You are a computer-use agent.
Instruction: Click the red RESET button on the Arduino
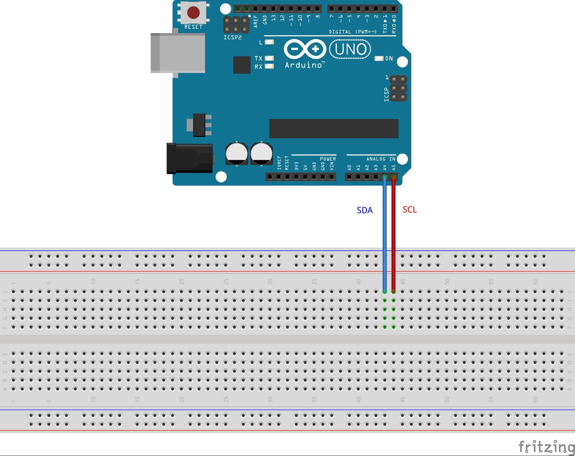[x=193, y=12]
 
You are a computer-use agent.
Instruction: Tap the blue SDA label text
[x=365, y=210]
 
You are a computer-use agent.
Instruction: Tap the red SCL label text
[x=410, y=210]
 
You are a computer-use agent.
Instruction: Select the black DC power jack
[x=190, y=159]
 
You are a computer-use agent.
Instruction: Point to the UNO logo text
[x=350, y=49]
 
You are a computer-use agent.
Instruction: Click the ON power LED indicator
[x=379, y=58]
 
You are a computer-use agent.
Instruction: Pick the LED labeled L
[x=269, y=42]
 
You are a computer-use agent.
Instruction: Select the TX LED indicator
[x=269, y=58]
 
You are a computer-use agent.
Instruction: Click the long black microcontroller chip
[x=334, y=129]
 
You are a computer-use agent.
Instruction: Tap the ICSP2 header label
[x=233, y=38]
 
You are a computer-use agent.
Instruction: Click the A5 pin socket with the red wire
[x=393, y=177]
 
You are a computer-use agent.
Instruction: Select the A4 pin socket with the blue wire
[x=385, y=177]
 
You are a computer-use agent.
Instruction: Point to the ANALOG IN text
[x=381, y=159]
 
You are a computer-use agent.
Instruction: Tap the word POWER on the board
[x=328, y=159]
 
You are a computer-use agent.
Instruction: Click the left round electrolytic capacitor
[x=237, y=154]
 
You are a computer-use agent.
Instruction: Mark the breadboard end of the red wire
[x=393, y=291]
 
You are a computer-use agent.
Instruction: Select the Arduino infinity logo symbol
[x=305, y=49]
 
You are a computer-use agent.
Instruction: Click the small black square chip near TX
[x=242, y=65]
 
